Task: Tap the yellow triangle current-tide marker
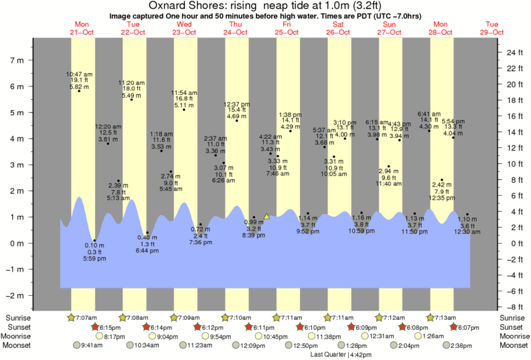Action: click(x=267, y=216)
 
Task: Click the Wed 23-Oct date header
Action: click(x=184, y=28)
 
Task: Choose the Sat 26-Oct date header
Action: click(x=339, y=28)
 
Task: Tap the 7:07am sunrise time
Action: click(x=84, y=317)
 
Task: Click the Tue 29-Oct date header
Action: click(x=493, y=28)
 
